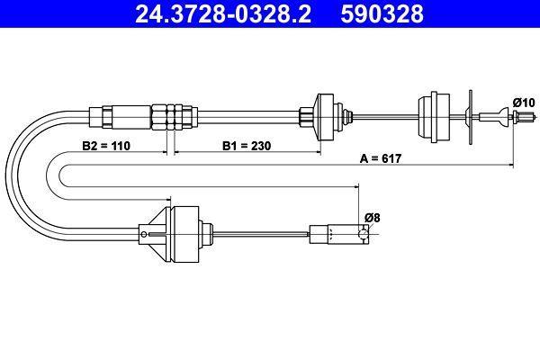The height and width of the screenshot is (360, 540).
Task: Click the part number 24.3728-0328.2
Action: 223,13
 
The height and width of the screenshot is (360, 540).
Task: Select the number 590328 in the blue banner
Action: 382,13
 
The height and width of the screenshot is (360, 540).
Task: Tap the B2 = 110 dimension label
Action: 106,146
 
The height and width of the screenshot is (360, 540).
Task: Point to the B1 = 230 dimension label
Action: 247,146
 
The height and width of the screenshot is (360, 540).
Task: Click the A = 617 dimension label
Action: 381,158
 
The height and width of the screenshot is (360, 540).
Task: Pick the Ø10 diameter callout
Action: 524,103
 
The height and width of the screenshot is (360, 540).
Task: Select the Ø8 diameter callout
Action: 373,218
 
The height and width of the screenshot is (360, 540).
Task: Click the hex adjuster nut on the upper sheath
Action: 175,117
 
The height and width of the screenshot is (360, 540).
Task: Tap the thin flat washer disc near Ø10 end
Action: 471,118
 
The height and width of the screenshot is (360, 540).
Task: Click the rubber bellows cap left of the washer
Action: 434,117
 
